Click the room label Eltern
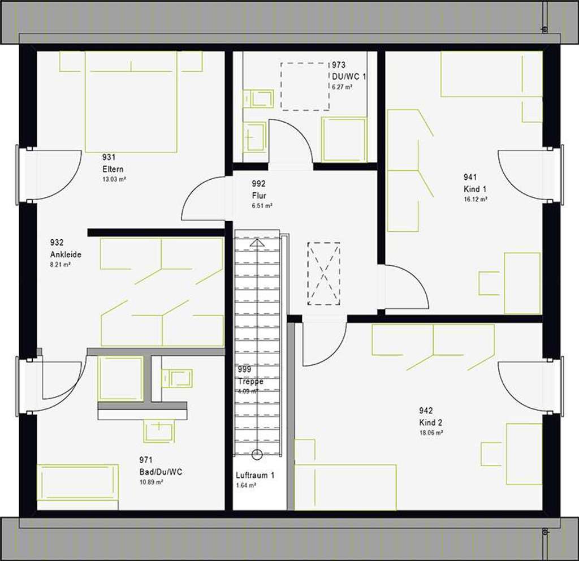[113, 169]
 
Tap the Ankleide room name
[66, 254]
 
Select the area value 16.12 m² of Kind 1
[476, 199]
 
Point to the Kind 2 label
[430, 422]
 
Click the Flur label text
[259, 196]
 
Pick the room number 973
[339, 66]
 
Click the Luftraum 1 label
[255, 476]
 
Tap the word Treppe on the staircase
[250, 382]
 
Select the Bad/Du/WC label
[161, 472]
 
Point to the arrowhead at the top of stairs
[257, 243]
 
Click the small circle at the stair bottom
[257, 453]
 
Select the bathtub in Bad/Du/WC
[77, 482]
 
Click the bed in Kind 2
[345, 486]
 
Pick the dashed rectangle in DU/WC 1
[305, 86]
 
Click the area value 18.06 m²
[431, 433]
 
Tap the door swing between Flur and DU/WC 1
[291, 141]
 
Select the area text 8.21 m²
[60, 265]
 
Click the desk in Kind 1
[522, 283]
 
